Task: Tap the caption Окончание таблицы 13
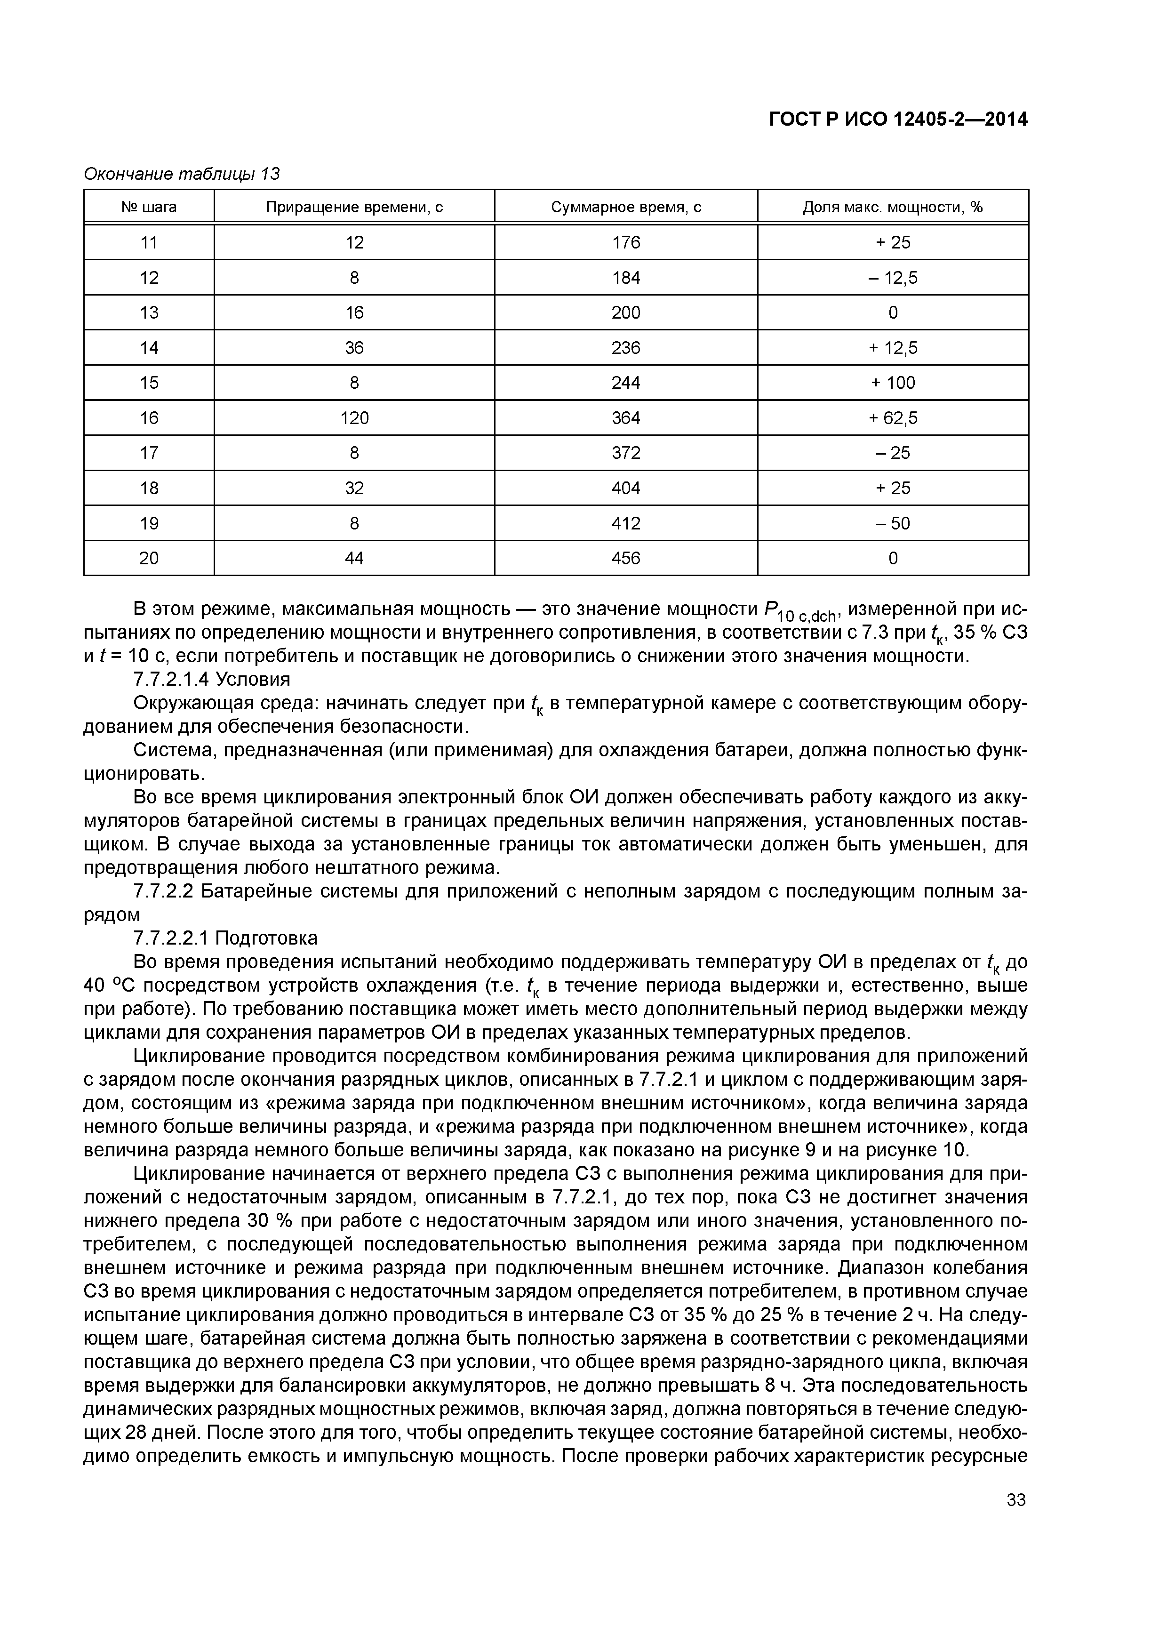click(x=182, y=174)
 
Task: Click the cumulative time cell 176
click(x=625, y=243)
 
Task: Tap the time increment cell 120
click(x=354, y=418)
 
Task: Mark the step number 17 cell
click(x=149, y=453)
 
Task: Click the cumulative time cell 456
click(x=625, y=558)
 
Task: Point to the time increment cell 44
click(x=354, y=558)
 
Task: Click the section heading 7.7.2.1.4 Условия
click(x=212, y=680)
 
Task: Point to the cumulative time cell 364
click(x=625, y=418)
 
